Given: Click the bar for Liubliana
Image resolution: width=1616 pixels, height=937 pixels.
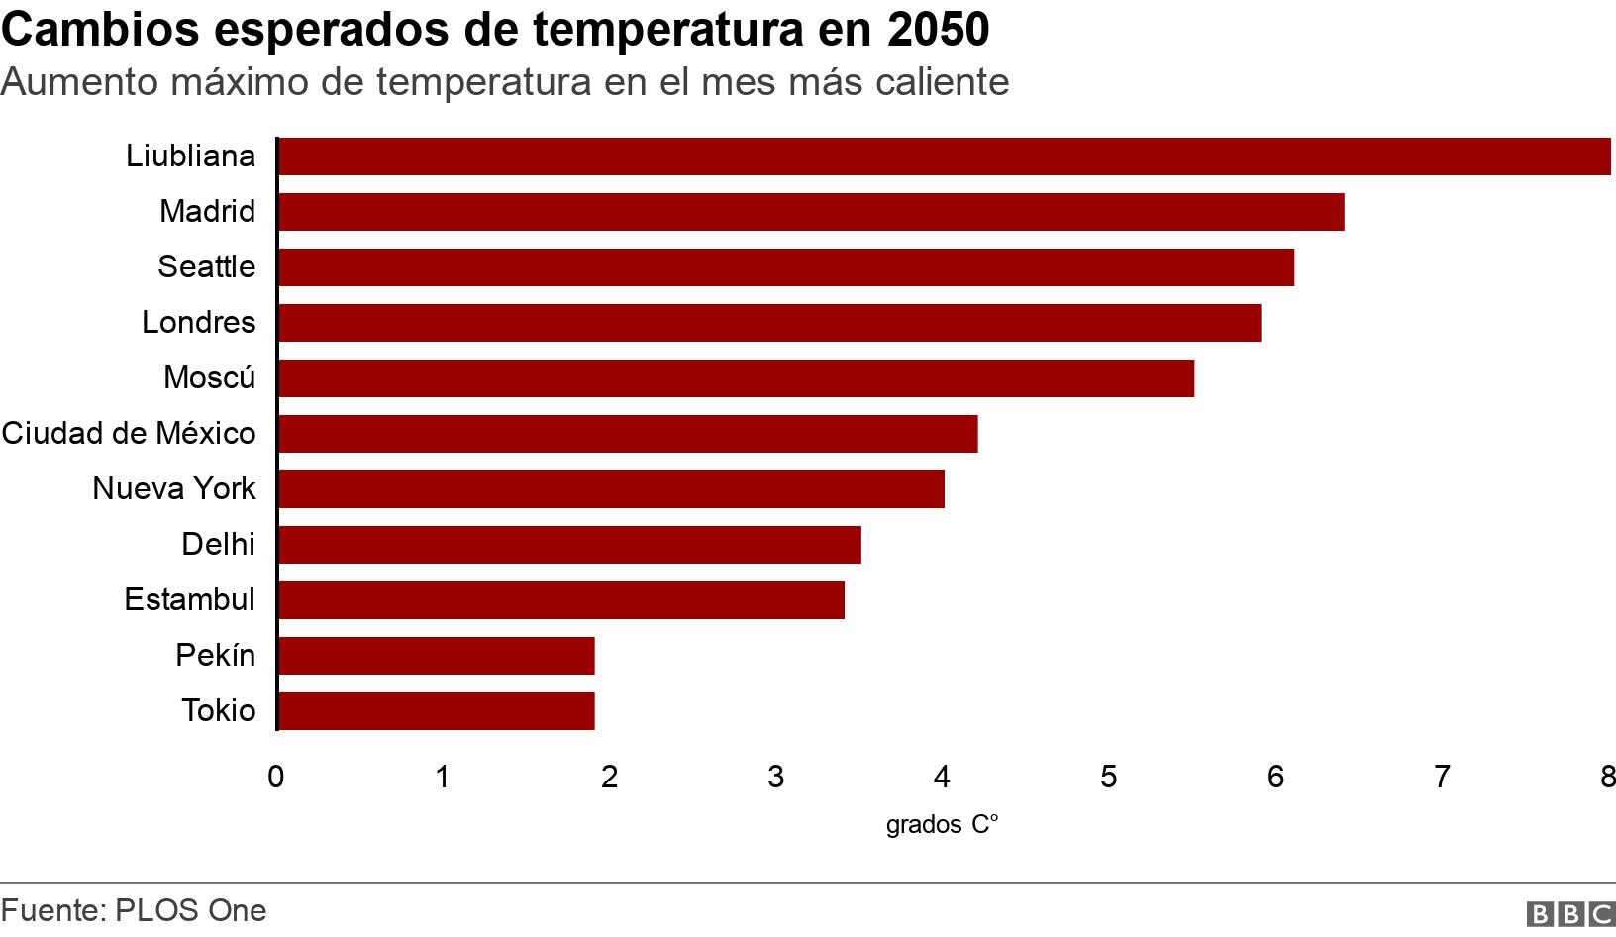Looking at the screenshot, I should tap(944, 156).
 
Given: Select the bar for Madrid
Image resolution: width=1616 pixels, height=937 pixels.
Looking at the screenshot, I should tap(811, 212).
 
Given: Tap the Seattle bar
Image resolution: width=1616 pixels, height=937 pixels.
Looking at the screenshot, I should tap(786, 267).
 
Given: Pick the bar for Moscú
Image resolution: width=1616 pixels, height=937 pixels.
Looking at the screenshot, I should tap(736, 378).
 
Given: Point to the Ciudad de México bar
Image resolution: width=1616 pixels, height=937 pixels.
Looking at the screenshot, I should tap(628, 434).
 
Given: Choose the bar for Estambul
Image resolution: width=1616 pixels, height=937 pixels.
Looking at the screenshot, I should tap(561, 600).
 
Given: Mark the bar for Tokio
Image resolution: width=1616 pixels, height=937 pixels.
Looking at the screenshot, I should tap(437, 711).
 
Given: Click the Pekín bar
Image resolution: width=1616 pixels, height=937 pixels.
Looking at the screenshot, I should tap(437, 656).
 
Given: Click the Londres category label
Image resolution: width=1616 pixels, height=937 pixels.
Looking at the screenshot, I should tap(198, 322).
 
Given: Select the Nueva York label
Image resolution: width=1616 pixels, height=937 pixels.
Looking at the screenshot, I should tap(174, 488).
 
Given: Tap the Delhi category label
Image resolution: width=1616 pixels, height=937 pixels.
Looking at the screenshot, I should tap(218, 544).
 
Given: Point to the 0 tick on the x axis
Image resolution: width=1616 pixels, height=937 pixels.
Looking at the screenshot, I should tap(276, 777).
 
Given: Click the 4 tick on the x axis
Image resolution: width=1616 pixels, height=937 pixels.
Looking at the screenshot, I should tap(942, 777).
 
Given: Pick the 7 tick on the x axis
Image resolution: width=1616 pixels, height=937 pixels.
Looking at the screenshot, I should tap(1442, 777).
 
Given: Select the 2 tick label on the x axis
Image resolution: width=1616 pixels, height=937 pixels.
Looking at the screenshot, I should tap(609, 777).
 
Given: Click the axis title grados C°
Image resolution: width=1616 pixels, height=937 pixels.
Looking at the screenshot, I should tap(942, 824).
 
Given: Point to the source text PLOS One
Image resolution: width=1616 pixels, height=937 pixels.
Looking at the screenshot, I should tap(190, 910).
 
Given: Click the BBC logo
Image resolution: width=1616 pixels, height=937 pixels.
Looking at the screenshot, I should tap(1571, 913).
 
